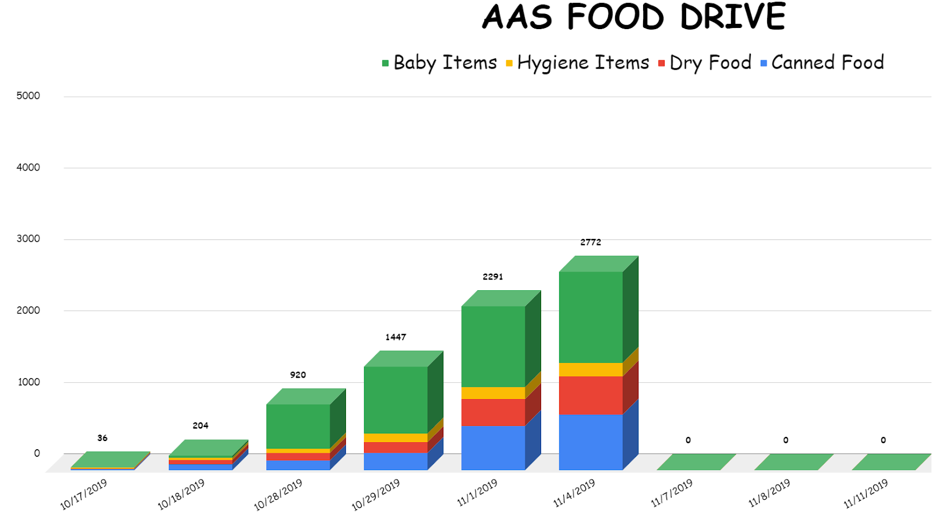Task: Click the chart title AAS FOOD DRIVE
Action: coord(634,17)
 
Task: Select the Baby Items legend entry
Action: coord(439,63)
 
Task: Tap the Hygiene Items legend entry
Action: coord(577,63)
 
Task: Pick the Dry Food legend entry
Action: coord(705,63)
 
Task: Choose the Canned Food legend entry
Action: coord(822,63)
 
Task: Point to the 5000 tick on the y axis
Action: coord(29,96)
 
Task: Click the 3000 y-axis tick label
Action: coord(29,239)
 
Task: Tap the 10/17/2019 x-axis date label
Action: coord(84,494)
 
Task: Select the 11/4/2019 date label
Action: coord(574,493)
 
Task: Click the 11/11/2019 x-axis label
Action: coord(866,493)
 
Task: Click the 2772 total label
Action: coord(591,242)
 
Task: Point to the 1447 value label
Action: coord(396,337)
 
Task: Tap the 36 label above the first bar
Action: coord(103,438)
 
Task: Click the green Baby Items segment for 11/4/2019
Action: coord(591,318)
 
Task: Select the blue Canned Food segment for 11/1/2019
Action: coord(493,447)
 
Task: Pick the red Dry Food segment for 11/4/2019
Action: coord(591,395)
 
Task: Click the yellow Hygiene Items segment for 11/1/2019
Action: coord(493,393)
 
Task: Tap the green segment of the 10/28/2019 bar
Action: coord(298,426)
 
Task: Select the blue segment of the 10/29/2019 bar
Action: coord(396,461)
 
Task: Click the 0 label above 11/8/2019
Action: coord(786,440)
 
